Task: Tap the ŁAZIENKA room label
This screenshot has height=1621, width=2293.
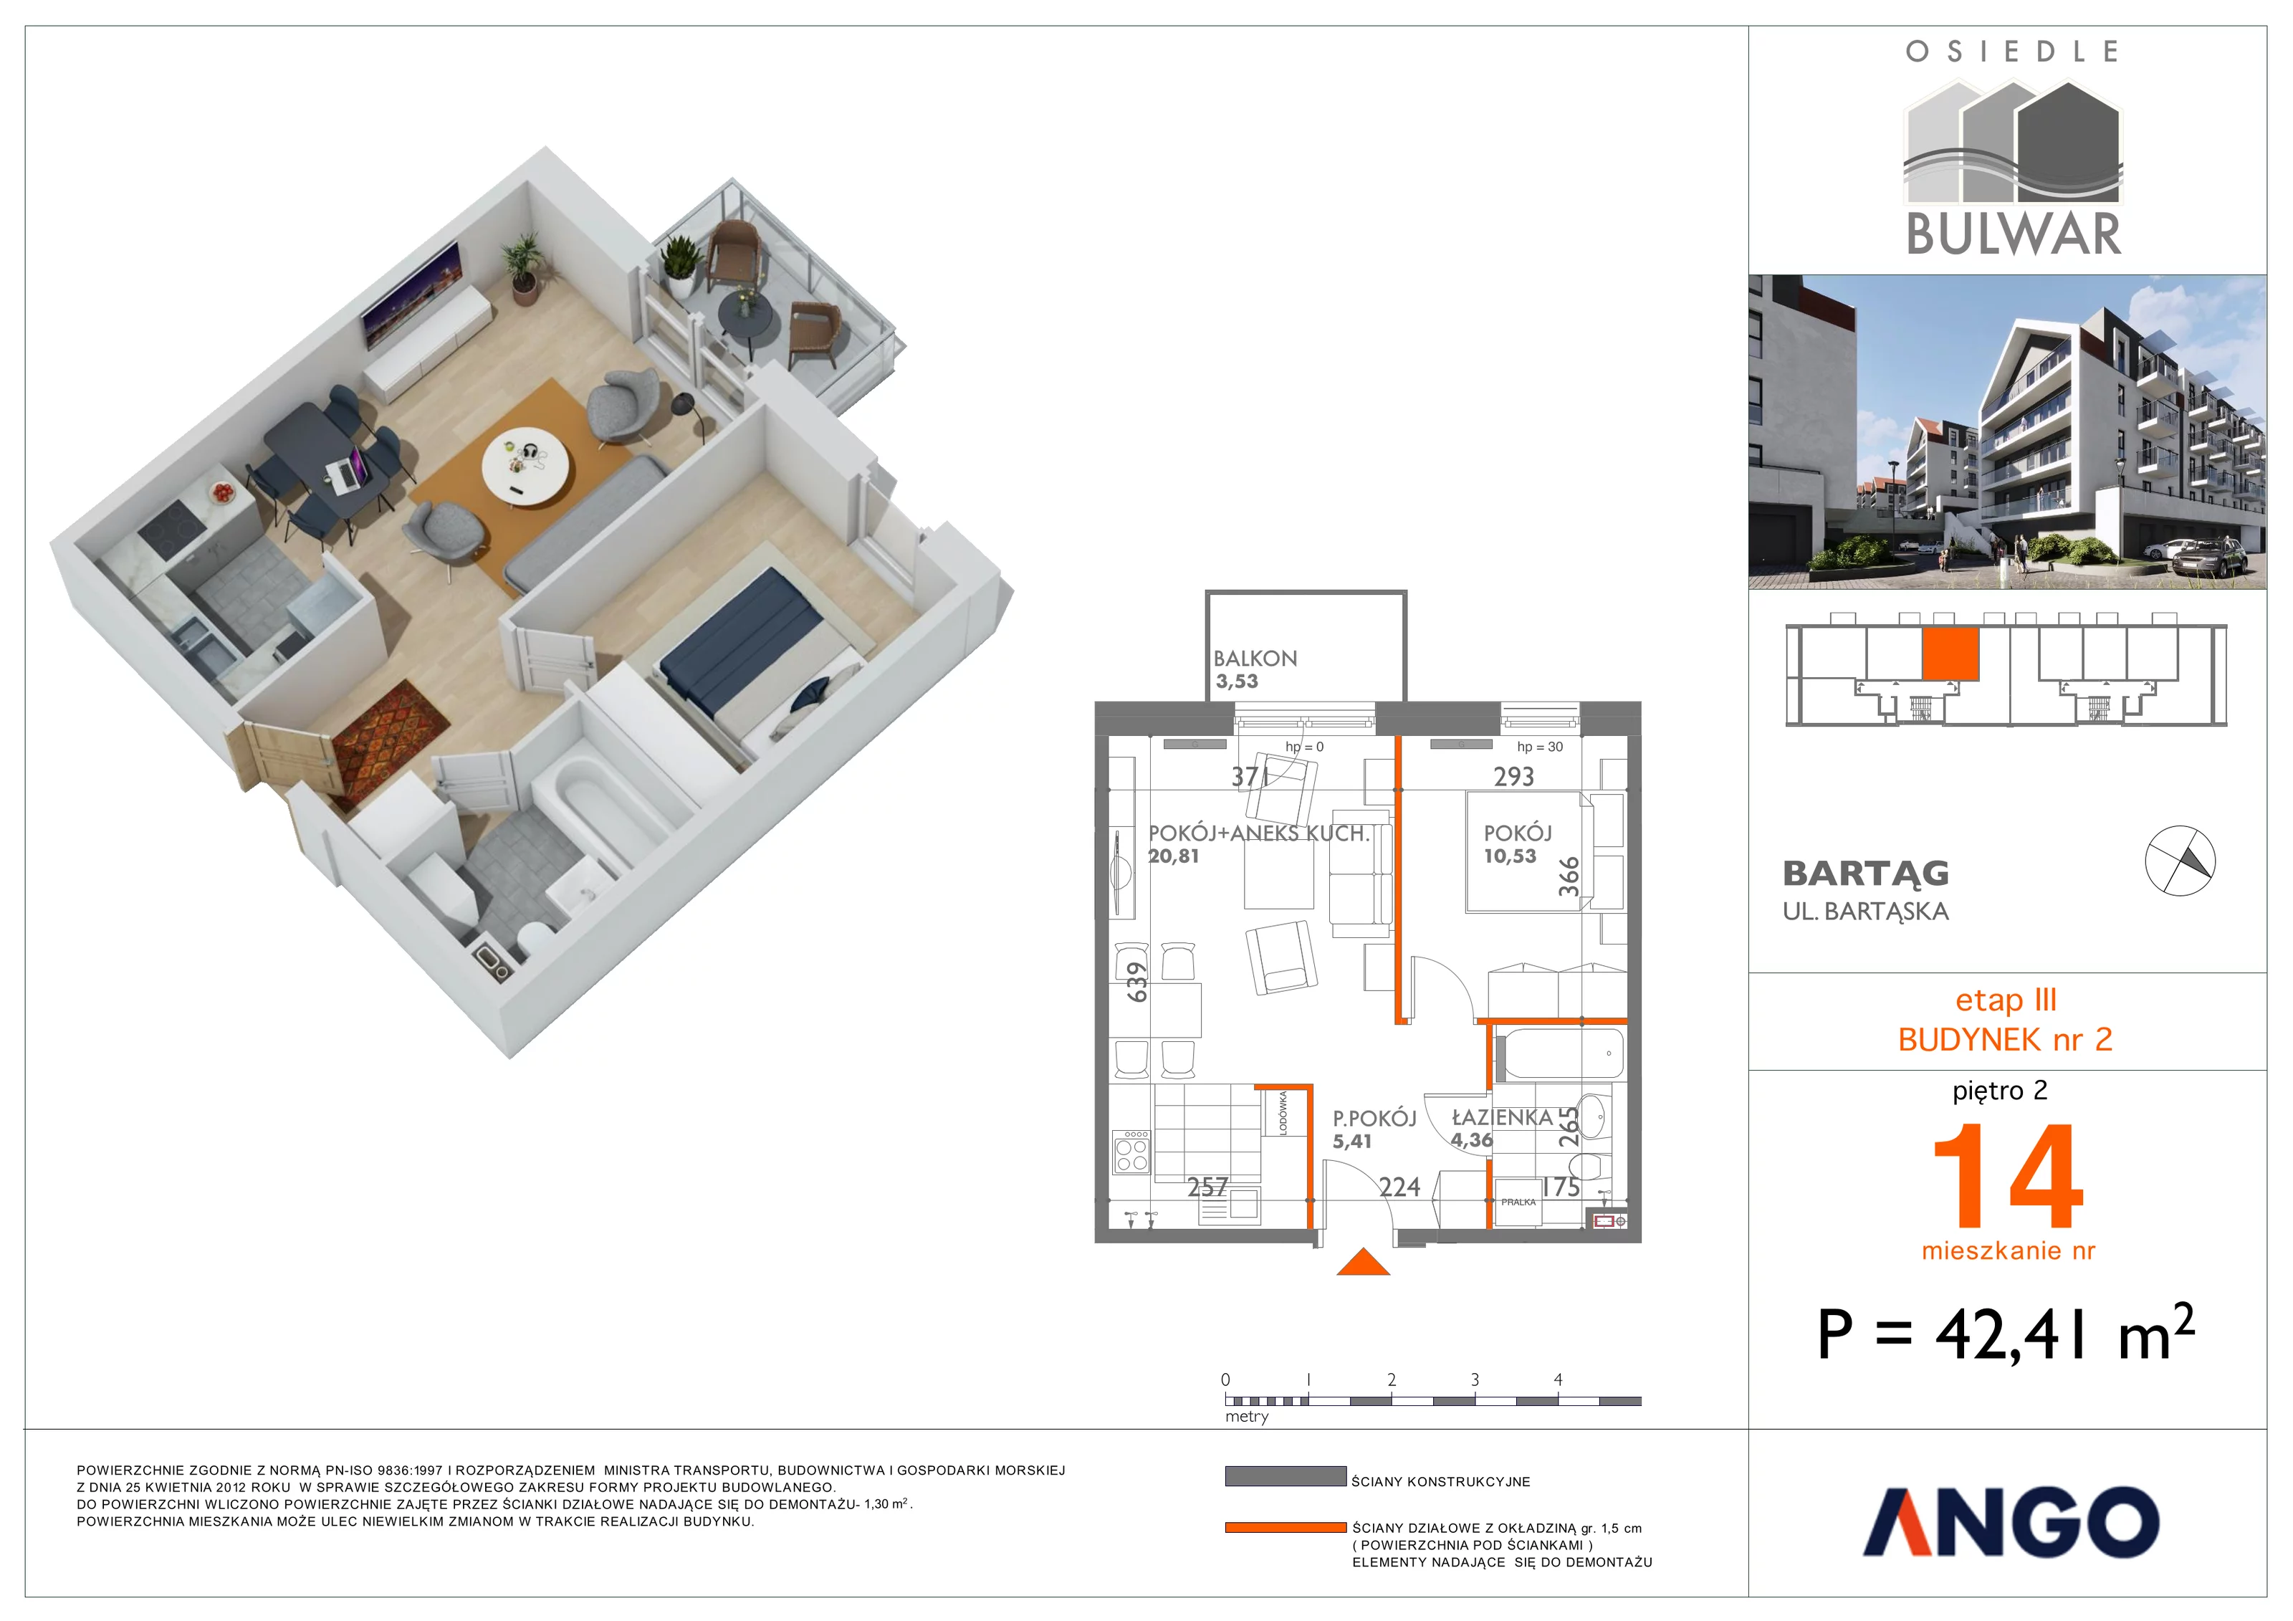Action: [x=1502, y=1119]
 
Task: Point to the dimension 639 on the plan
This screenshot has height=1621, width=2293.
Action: [x=1136, y=982]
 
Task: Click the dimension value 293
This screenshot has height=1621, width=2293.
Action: [x=1513, y=777]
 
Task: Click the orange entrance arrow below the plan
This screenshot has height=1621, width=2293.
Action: [x=1363, y=1263]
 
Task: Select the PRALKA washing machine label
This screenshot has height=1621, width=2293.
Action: [x=1518, y=1202]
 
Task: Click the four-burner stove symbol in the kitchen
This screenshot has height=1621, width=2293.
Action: [x=1131, y=1152]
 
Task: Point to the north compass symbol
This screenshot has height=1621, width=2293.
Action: [x=2180, y=861]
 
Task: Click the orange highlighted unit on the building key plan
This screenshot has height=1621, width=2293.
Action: [x=1950, y=654]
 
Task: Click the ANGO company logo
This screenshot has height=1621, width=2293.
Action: [x=2011, y=1521]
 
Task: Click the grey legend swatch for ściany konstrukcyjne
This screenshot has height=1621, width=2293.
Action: [x=1286, y=1477]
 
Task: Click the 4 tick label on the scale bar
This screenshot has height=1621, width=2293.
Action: [x=1558, y=1380]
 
